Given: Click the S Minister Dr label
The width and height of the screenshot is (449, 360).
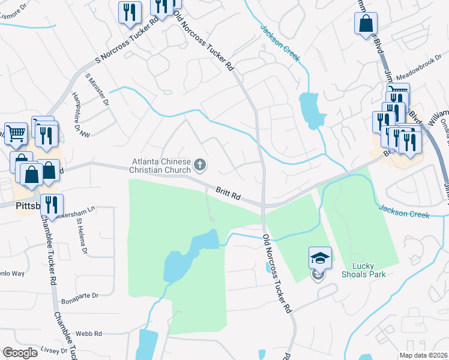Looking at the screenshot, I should point(98,91).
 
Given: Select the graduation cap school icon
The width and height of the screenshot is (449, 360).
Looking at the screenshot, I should point(320,259).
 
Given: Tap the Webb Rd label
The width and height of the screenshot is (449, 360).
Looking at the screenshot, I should point(89,333).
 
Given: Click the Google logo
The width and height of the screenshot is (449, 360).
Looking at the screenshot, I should point(19,353).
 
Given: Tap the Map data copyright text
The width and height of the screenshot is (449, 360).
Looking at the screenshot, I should point(423,355).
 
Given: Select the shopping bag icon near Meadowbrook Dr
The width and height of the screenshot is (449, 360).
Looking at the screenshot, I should point(366,24).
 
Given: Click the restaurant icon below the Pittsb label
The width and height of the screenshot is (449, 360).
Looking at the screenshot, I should point(52,205).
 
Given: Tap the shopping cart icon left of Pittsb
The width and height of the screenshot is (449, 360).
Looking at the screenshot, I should point(16,133).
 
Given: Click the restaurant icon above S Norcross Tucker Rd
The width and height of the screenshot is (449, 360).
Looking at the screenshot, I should point(130,12).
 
